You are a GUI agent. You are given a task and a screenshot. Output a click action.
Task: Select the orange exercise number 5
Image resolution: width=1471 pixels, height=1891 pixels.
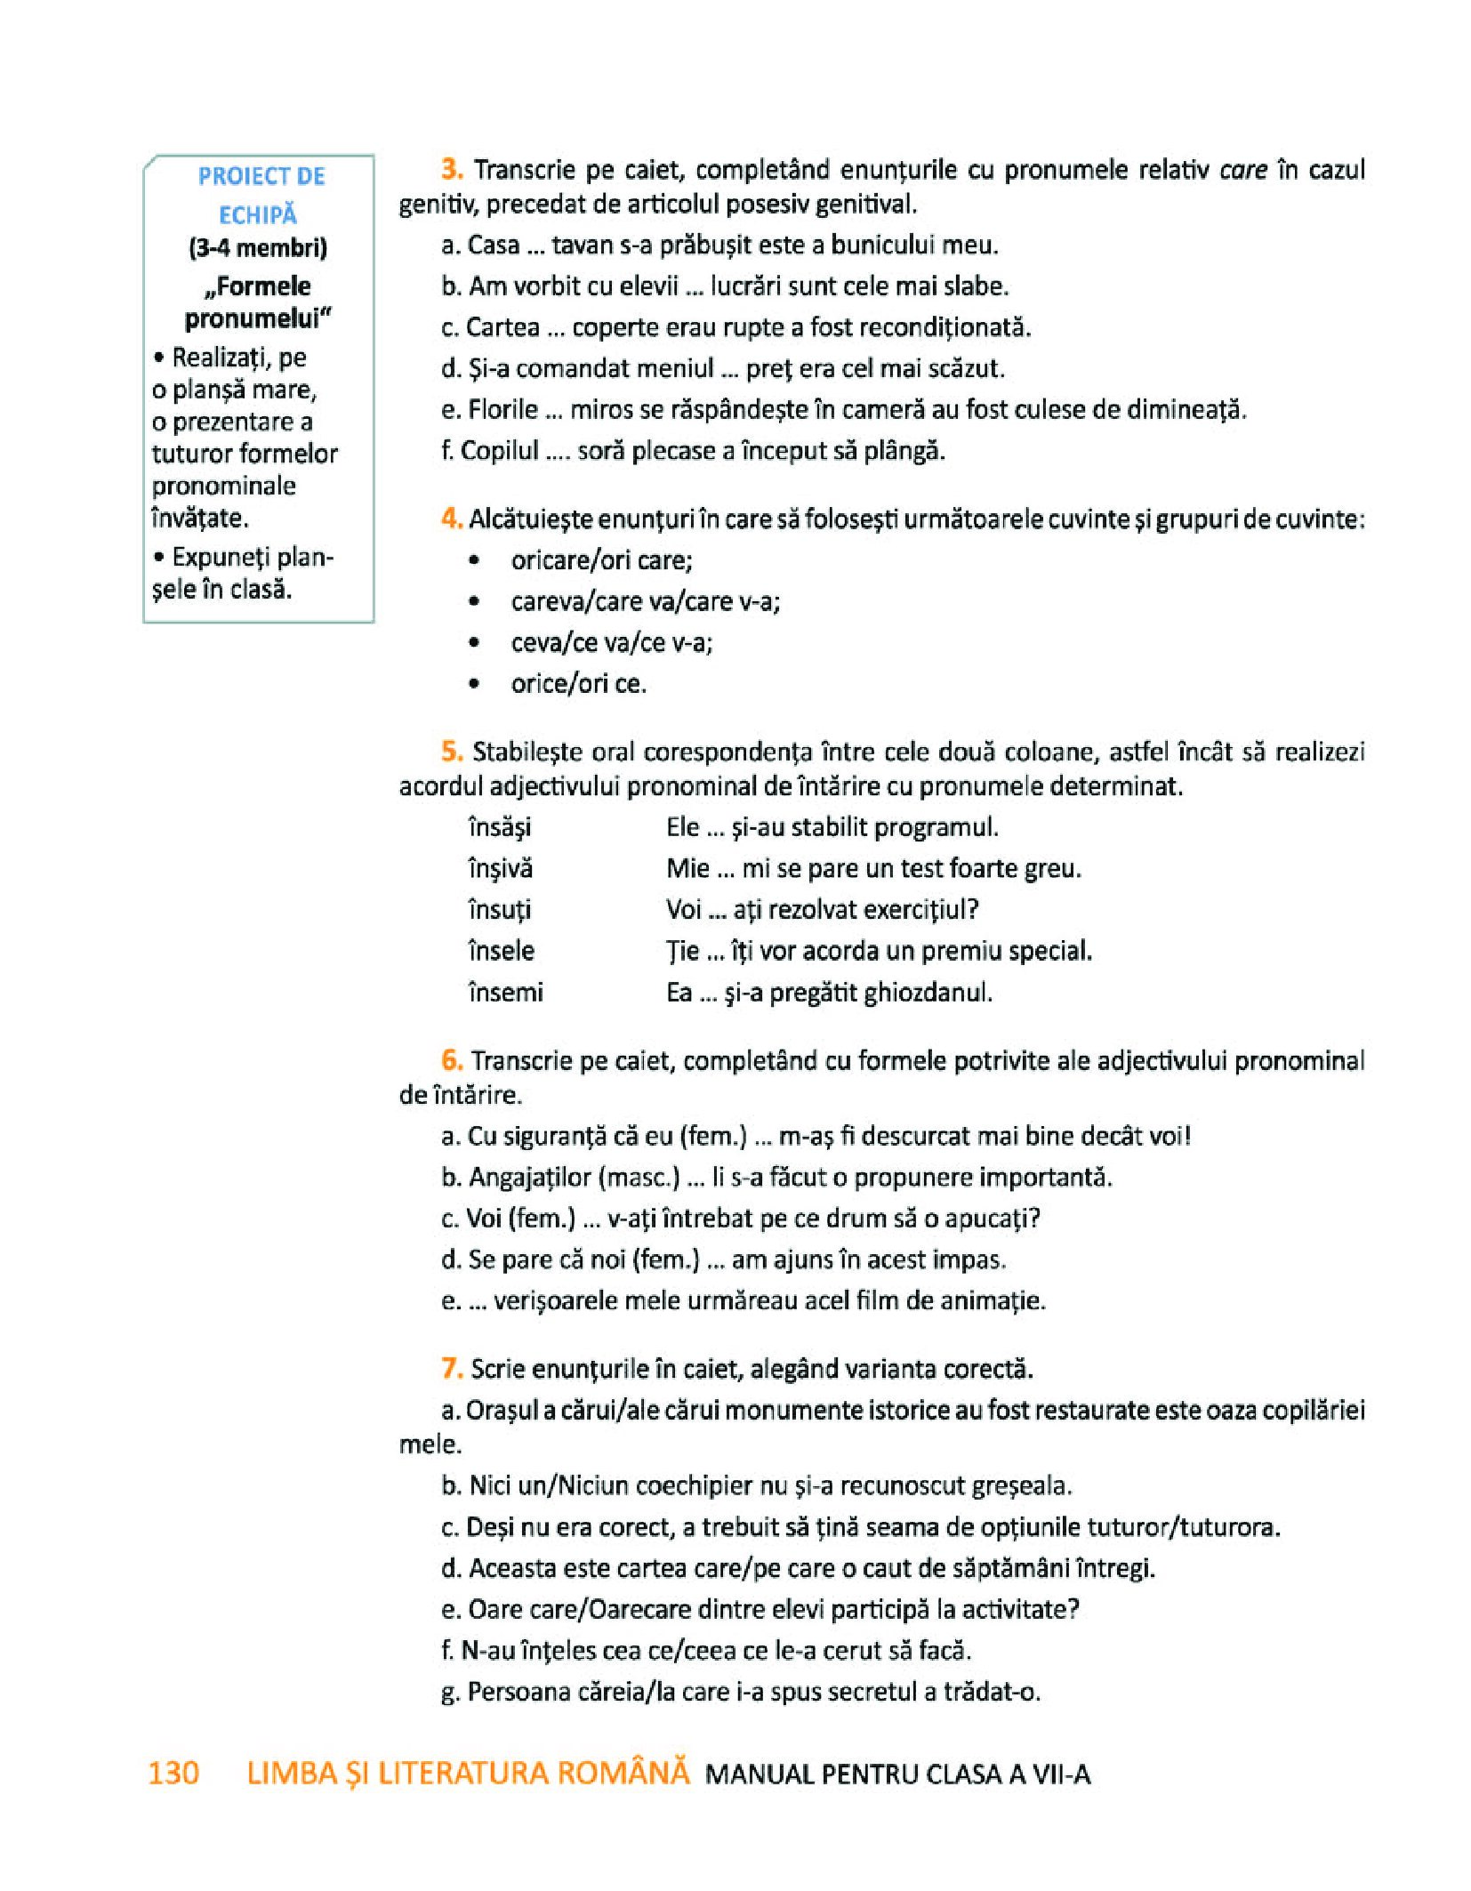tap(452, 751)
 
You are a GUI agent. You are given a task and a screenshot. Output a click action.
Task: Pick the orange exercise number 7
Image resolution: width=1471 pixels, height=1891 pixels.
tap(452, 1368)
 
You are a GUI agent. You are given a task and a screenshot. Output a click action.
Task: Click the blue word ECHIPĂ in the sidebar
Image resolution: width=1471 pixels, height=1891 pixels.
tap(258, 214)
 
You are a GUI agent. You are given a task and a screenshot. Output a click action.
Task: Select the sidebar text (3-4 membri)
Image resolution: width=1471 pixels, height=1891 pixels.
tap(258, 247)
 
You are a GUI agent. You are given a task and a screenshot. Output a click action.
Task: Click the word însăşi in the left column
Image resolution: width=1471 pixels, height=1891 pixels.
tap(499, 827)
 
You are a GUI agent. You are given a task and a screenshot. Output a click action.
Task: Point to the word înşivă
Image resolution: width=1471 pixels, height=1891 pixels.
tap(500, 868)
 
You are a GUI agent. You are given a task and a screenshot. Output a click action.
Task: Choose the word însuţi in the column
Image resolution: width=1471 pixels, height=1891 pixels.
tap(499, 909)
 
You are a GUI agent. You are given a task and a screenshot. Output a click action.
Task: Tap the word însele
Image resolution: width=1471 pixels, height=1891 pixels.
tap(501, 950)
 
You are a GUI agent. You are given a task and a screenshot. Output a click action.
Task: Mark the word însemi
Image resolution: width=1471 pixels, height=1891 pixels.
tap(504, 991)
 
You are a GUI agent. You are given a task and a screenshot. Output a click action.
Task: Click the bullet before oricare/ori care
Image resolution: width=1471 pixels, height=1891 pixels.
tap(475, 560)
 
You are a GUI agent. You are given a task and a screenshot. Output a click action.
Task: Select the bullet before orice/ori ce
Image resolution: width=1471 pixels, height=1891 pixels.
tap(475, 684)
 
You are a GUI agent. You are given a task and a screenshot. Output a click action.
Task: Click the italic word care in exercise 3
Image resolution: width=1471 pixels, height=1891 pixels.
tap(1242, 169)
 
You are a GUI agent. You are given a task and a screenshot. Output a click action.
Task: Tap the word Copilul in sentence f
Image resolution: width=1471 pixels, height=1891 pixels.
tap(500, 450)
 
